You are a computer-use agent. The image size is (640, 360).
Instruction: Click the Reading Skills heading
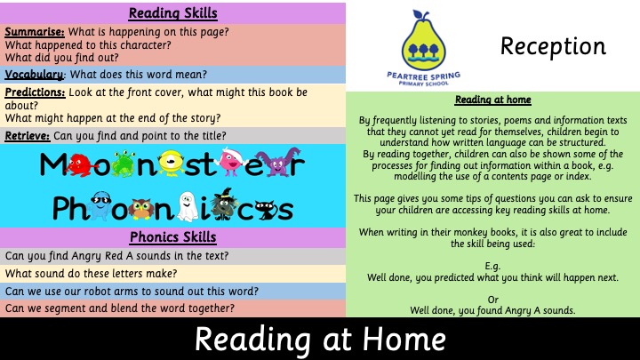173,13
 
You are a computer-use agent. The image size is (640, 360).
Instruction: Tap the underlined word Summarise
35,32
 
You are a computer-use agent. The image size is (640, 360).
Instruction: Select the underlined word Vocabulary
35,75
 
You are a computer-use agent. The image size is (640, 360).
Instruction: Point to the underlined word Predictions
35,92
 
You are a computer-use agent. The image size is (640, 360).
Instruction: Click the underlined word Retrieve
28,135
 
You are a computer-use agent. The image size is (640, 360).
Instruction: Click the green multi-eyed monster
124,164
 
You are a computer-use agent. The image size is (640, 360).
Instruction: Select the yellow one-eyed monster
172,163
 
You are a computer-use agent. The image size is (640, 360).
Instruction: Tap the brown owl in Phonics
141,209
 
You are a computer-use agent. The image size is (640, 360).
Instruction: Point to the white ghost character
187,206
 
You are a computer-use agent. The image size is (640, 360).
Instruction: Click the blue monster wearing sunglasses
100,205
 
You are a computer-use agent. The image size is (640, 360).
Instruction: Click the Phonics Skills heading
173,237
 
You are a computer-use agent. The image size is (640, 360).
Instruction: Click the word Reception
553,46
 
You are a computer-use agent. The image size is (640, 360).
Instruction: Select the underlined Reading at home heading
493,100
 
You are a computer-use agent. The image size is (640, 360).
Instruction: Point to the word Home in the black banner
404,340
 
